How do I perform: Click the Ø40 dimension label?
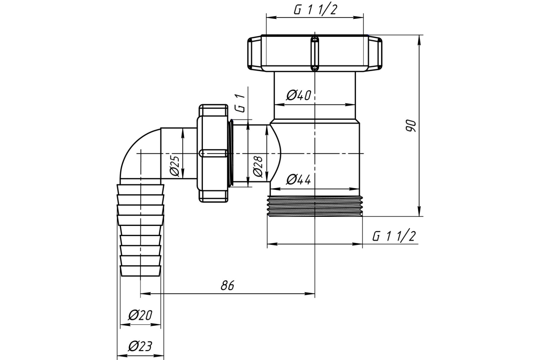coord(299,95)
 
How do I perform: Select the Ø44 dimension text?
coord(299,180)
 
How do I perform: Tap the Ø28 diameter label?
coord(258,166)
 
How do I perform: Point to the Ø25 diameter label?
coord(175,166)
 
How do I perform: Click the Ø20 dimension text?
coord(140,315)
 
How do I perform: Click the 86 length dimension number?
coord(227,285)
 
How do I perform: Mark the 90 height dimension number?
coord(411,126)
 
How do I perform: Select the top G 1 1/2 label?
coord(315,10)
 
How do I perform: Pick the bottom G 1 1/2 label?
coord(394,236)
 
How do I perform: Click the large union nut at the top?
coord(315,53)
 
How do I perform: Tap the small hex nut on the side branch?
coord(213,153)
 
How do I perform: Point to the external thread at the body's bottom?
coord(315,207)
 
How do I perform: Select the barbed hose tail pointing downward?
coord(140,230)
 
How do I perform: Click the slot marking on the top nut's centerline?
coord(315,54)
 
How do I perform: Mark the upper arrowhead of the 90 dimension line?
coord(420,40)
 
